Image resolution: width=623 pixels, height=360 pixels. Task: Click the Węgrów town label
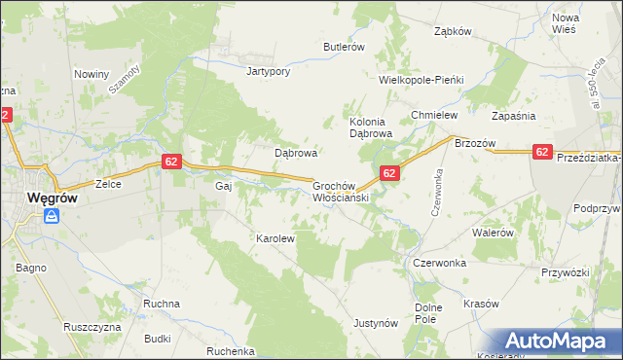point(39,197)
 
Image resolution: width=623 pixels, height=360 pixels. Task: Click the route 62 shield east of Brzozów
point(543,152)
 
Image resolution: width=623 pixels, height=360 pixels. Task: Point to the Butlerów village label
point(344,47)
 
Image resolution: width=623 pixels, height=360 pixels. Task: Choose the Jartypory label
point(270,71)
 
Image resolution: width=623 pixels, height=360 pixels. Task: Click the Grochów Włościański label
point(338,191)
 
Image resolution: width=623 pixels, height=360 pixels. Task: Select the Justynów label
point(376,322)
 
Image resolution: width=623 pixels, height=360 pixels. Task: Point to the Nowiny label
point(92,74)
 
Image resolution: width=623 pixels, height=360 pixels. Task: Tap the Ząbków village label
point(453,31)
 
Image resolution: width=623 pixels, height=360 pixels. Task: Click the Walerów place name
point(492,234)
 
